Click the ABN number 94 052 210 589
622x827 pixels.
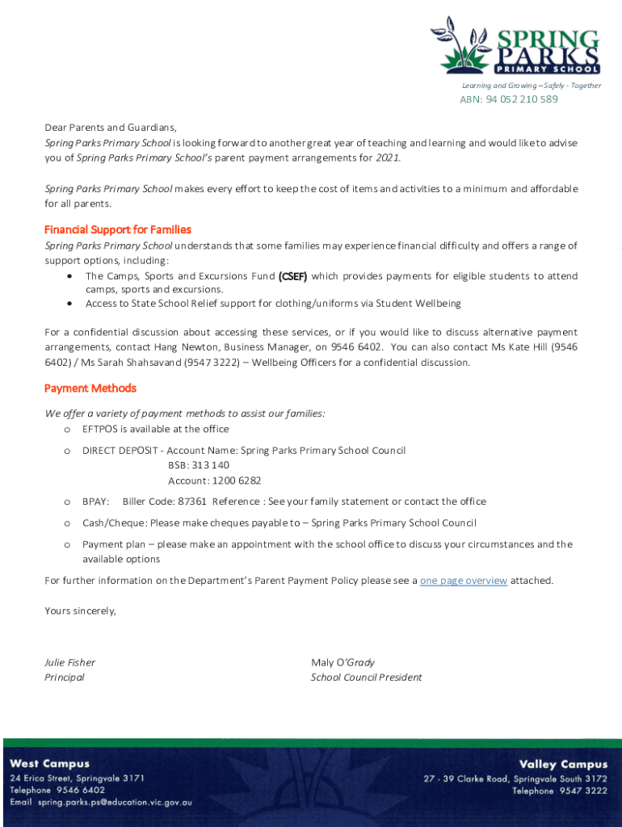pyautogui.click(x=508, y=99)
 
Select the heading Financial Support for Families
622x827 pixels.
pyautogui.click(x=118, y=230)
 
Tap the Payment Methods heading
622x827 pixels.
pyautogui.click(x=90, y=388)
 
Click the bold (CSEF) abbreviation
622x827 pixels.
pyautogui.click(x=292, y=276)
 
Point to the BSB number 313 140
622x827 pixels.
pyautogui.click(x=199, y=465)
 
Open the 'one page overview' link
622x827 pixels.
pyautogui.click(x=464, y=581)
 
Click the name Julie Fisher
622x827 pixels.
pyautogui.click(x=69, y=662)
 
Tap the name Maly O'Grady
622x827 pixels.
pyautogui.click(x=343, y=662)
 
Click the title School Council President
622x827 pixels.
pyautogui.click(x=366, y=678)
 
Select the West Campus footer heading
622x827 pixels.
pyautogui.click(x=50, y=764)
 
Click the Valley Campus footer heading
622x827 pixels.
pyautogui.click(x=563, y=764)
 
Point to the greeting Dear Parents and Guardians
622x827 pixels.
pyautogui.click(x=110, y=128)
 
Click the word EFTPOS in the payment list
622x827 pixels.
pyautogui.click(x=99, y=429)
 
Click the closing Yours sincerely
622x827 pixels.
pyautogui.click(x=80, y=611)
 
